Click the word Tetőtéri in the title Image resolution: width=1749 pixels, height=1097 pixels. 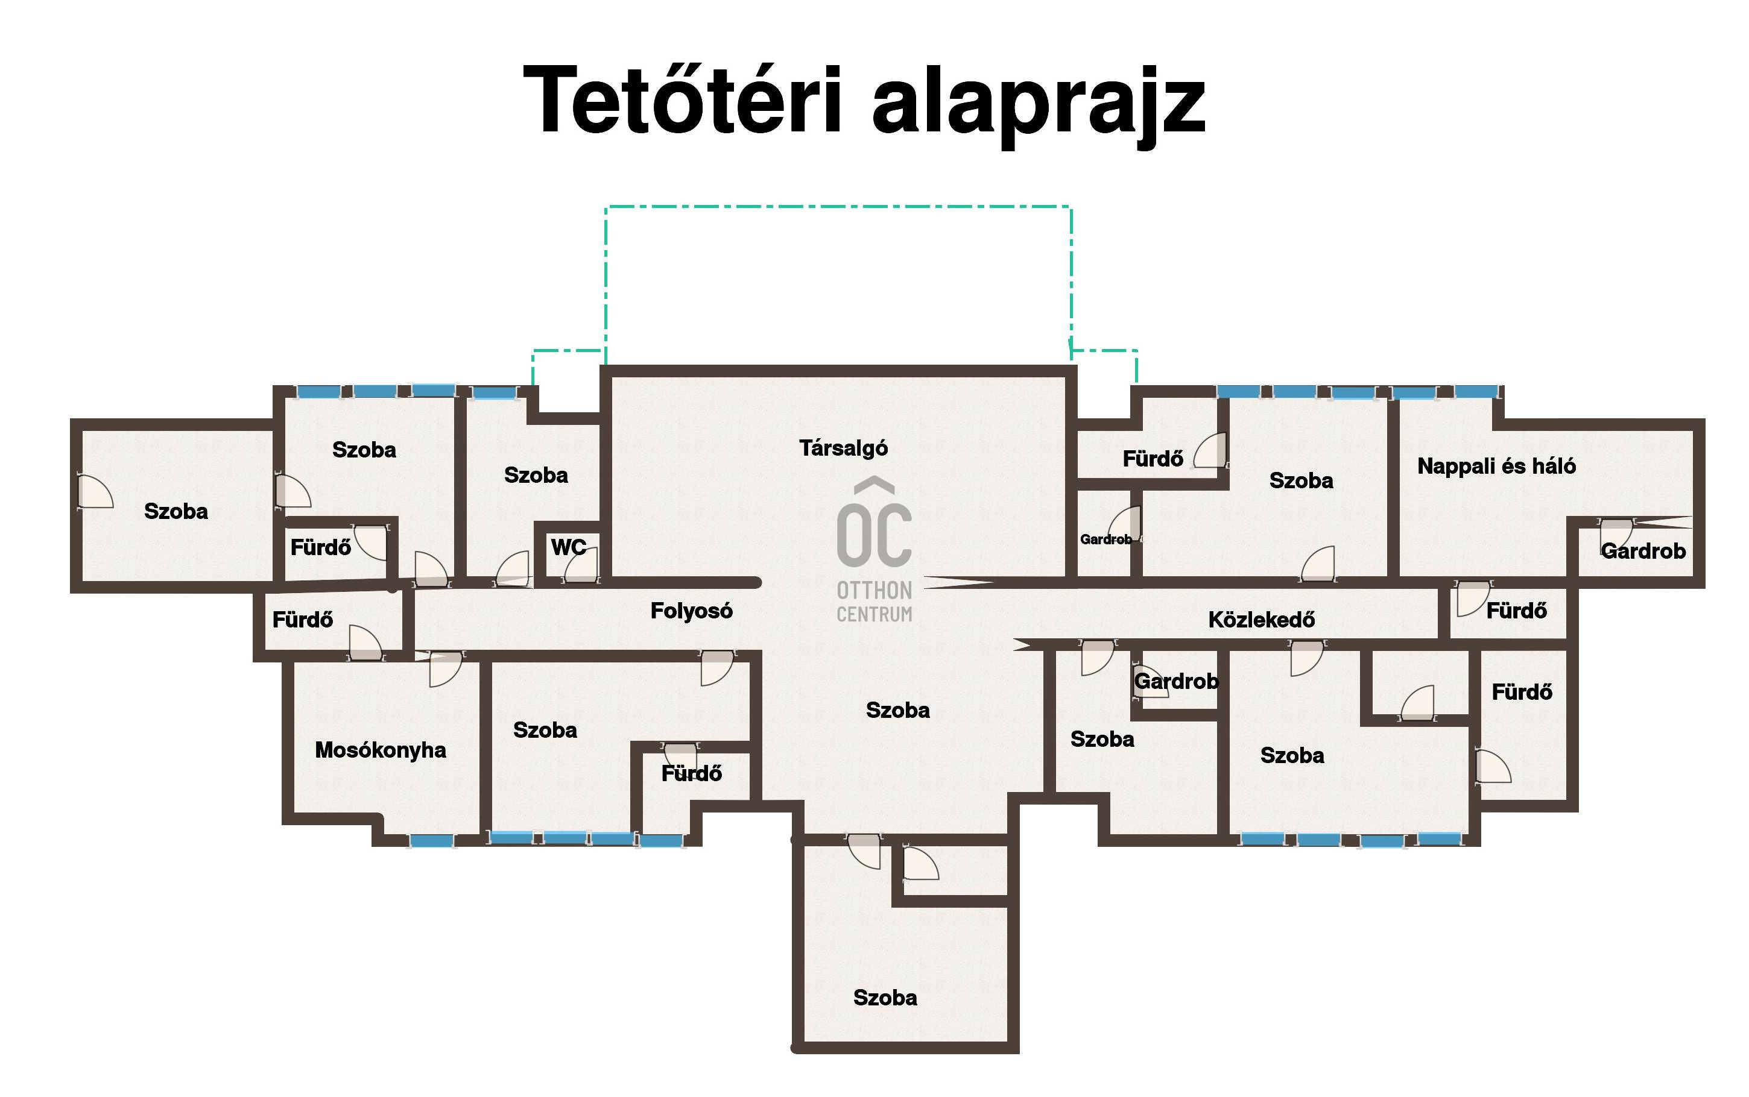tap(682, 99)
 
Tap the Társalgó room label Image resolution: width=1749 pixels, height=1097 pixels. tap(843, 448)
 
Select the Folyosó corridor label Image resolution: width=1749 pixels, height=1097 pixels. tap(691, 611)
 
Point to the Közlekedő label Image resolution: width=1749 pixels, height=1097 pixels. tap(1261, 620)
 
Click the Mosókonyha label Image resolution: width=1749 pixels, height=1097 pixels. tap(381, 750)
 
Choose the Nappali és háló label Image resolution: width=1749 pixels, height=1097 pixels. tap(1496, 466)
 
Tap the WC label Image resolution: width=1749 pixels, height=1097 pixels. tap(568, 547)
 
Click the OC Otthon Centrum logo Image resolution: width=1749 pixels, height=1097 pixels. tap(874, 550)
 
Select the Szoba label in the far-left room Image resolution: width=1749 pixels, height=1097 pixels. tap(176, 512)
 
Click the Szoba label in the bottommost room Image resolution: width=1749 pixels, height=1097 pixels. tap(885, 998)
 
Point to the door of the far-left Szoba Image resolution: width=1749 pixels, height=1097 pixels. tap(94, 491)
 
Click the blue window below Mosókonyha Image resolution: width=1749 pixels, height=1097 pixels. tap(432, 841)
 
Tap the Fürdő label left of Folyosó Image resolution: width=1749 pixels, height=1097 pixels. tap(302, 620)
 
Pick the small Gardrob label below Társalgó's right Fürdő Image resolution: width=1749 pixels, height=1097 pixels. tap(1105, 539)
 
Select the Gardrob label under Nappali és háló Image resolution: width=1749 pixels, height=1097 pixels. tap(1643, 552)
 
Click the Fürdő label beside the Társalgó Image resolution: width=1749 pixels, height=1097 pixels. tap(1153, 459)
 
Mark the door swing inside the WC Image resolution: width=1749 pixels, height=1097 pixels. tap(581, 565)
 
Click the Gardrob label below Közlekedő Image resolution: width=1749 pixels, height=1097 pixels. tap(1177, 681)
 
